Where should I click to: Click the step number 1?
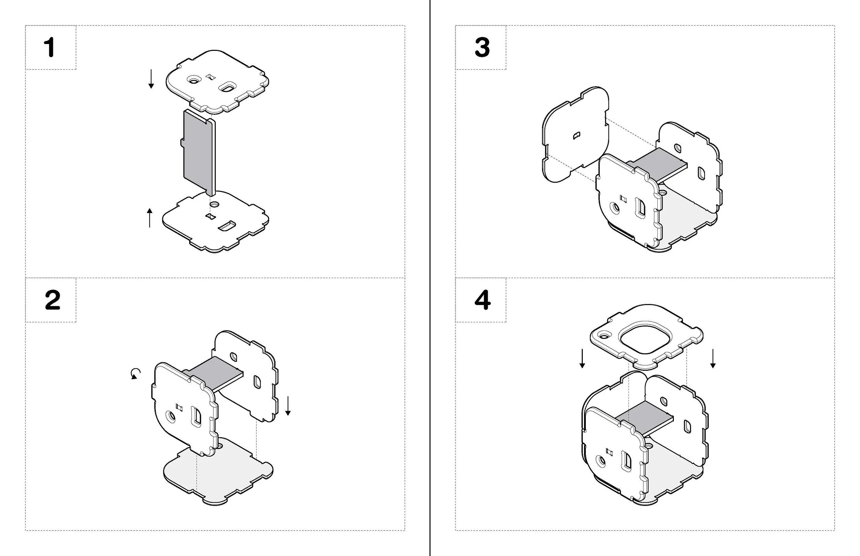click(50, 48)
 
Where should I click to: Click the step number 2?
click(52, 300)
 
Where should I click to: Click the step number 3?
click(482, 48)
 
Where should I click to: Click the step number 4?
click(483, 300)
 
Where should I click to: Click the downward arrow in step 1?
click(151, 79)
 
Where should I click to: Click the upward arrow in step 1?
click(150, 218)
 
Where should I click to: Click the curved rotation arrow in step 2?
click(136, 374)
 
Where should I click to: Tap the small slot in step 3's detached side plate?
click(577, 135)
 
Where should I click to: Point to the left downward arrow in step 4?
click(582, 358)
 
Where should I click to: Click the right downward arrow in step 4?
click(712, 358)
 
